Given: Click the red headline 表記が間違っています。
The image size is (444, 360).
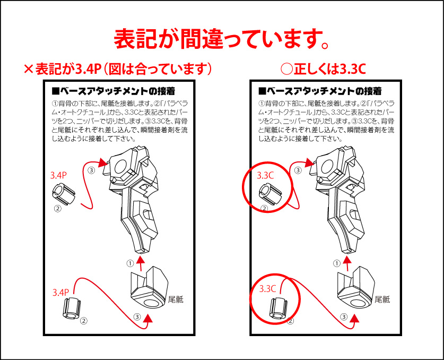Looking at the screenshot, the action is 222,38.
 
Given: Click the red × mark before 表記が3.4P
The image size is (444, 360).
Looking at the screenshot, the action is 29,69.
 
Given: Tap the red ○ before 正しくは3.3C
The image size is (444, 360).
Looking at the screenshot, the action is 286,69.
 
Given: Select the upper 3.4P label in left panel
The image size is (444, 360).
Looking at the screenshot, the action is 58,175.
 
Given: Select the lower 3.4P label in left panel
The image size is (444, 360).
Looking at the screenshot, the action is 60,292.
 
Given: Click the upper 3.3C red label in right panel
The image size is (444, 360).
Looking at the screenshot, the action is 265,175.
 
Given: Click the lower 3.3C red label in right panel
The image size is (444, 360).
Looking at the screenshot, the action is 267,288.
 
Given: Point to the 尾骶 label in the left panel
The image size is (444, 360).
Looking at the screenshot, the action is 176,299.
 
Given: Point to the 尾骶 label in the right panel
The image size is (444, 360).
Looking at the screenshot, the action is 382,299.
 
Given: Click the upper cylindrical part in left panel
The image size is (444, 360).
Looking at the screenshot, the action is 64,194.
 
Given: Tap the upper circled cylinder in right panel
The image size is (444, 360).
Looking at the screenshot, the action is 270,194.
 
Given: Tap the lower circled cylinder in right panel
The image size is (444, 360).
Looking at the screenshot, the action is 278,309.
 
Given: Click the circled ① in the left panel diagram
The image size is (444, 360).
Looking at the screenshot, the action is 130,263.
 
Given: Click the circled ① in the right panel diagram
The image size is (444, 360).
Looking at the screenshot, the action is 337,263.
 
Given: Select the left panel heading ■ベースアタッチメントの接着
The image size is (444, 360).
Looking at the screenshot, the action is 114,91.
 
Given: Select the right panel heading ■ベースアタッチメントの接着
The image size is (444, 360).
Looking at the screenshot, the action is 320,91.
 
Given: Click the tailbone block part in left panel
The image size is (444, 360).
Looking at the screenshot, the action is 149,288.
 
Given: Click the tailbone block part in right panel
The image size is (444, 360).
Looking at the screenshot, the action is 355,288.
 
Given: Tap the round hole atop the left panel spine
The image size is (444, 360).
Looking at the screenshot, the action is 121,167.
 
